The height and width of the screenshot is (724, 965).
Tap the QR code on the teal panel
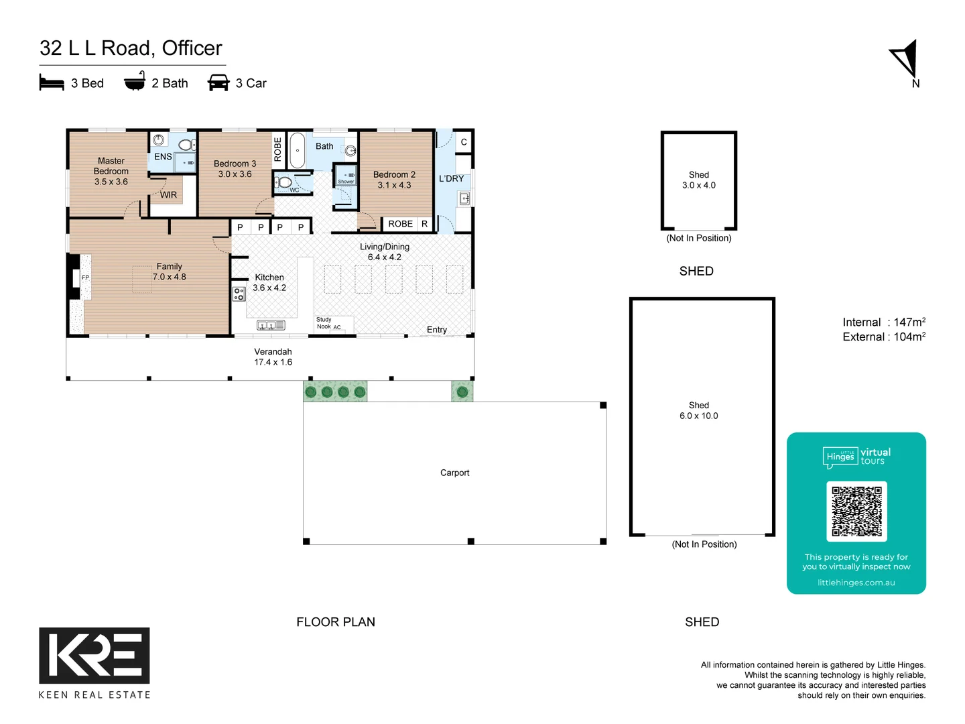pos(856,511)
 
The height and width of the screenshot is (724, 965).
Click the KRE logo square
pos(94,655)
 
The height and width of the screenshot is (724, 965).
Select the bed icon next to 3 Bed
pos(52,83)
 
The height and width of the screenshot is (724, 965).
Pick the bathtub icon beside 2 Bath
pos(135,82)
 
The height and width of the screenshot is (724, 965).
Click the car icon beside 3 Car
pos(218,83)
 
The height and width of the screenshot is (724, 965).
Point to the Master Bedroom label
pos(111,166)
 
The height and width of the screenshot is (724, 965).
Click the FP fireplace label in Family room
pos(85,278)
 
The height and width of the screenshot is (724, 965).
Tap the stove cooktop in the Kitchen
pos(239,294)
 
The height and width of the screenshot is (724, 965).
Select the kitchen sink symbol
pos(271,325)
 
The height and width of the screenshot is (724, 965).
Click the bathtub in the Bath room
pos(297,151)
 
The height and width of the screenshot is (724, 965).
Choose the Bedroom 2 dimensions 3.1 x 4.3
pos(394,186)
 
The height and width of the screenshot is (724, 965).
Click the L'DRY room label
pos(451,179)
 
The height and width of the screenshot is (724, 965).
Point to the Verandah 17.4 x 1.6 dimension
pos(273,362)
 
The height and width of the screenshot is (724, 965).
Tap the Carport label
pos(454,473)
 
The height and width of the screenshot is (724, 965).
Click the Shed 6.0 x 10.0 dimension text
pos(698,416)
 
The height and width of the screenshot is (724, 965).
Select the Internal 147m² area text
pos(884,322)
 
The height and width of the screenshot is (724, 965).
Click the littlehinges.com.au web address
pos(856,583)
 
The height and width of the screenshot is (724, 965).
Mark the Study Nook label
pos(324,323)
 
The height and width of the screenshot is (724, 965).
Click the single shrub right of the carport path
pos(462,391)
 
